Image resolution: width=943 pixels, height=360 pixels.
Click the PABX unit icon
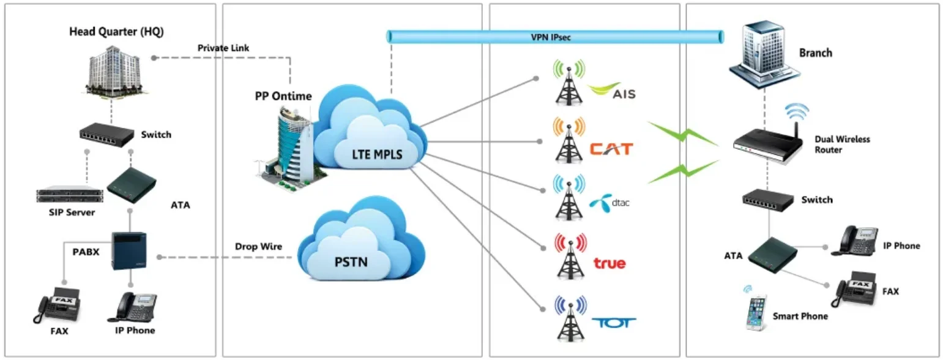[x=129, y=251]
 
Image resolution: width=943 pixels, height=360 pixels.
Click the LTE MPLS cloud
[x=371, y=141]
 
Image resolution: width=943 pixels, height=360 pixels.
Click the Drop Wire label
[x=258, y=247]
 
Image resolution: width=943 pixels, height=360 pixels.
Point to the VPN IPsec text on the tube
[x=554, y=37]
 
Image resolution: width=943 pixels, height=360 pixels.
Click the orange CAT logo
[x=611, y=149]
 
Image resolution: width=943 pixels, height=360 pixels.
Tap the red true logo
[x=609, y=263]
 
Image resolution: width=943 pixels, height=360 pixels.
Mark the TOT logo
[x=613, y=322]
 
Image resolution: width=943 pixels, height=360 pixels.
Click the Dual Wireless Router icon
[x=767, y=141]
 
